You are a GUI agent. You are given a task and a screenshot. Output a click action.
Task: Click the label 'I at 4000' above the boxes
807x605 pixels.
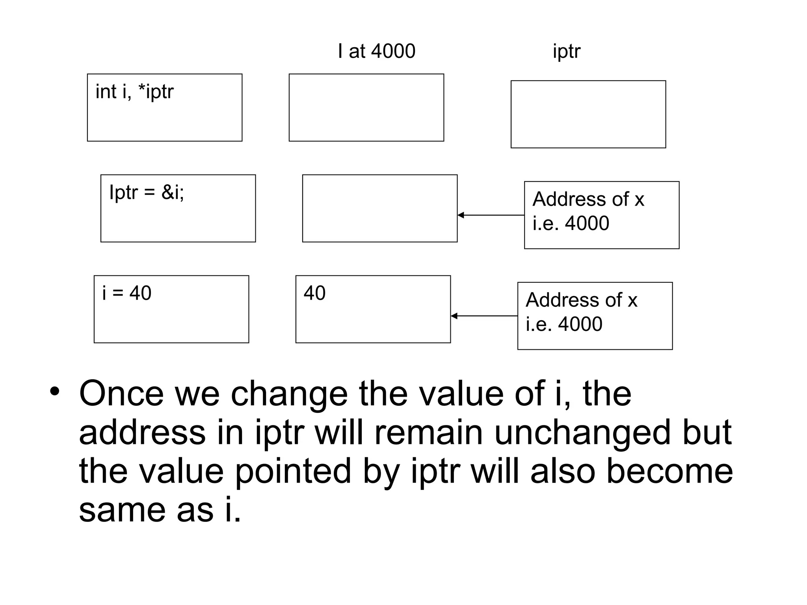click(376, 51)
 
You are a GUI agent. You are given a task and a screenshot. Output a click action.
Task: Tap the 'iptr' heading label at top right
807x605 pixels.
click(566, 51)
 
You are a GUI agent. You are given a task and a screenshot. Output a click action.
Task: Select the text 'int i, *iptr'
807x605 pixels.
click(134, 92)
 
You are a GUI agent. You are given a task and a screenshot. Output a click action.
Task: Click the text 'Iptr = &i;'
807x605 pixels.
click(147, 193)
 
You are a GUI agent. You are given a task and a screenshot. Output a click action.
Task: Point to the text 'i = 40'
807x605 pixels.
click(126, 293)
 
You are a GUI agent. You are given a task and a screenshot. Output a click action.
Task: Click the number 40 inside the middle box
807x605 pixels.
click(314, 293)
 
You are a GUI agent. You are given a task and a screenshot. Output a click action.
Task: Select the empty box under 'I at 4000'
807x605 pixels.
click(366, 108)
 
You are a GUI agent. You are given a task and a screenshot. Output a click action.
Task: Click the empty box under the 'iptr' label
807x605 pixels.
click(588, 114)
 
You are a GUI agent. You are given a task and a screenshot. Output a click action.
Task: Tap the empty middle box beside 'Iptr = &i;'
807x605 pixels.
click(379, 208)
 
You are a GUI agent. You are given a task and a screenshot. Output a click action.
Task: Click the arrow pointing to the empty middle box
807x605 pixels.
click(491, 215)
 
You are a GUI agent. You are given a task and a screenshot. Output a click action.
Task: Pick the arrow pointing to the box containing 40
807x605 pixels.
click(484, 316)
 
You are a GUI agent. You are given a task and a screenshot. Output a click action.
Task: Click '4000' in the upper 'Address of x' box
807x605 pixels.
click(587, 223)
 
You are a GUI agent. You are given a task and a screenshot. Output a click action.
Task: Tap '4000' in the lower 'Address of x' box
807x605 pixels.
click(580, 324)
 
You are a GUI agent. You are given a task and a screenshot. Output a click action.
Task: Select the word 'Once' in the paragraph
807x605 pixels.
click(121, 393)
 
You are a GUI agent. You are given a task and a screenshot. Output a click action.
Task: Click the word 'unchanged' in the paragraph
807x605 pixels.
click(582, 432)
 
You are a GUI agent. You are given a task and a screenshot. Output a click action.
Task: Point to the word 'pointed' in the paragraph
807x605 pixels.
click(293, 471)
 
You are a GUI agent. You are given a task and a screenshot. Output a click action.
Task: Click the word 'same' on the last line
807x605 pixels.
click(123, 510)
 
